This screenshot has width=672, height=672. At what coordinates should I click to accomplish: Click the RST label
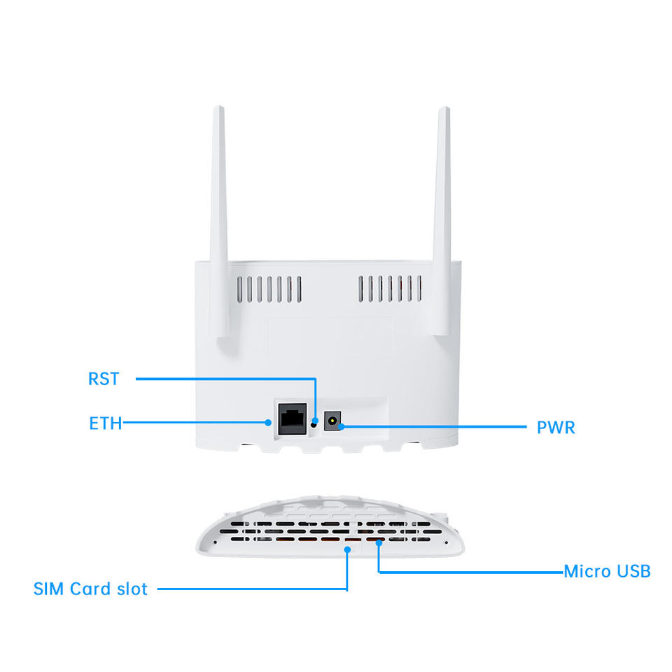pos(104,379)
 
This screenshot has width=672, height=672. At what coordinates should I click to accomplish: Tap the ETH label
pos(105,423)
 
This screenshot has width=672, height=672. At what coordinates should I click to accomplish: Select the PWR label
pos(556,427)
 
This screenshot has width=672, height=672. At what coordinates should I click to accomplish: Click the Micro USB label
pos(607,571)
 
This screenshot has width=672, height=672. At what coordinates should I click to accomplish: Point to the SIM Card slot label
pos(90,589)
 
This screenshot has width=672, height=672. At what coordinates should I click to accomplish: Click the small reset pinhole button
pos(314,422)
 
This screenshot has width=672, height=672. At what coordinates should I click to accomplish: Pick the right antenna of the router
pos(441,224)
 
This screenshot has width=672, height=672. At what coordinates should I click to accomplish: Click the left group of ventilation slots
pos(269,288)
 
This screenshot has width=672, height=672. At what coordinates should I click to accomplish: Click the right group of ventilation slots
pos(391,288)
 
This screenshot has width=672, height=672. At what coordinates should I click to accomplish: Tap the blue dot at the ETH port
pos(269,422)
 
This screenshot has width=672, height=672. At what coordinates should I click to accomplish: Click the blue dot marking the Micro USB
pos(379,542)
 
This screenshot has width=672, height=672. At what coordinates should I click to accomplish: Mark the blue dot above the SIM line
pos(348,549)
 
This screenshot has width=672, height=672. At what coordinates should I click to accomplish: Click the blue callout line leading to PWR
pos(434,425)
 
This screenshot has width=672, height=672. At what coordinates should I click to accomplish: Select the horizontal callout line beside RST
pos(224,379)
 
